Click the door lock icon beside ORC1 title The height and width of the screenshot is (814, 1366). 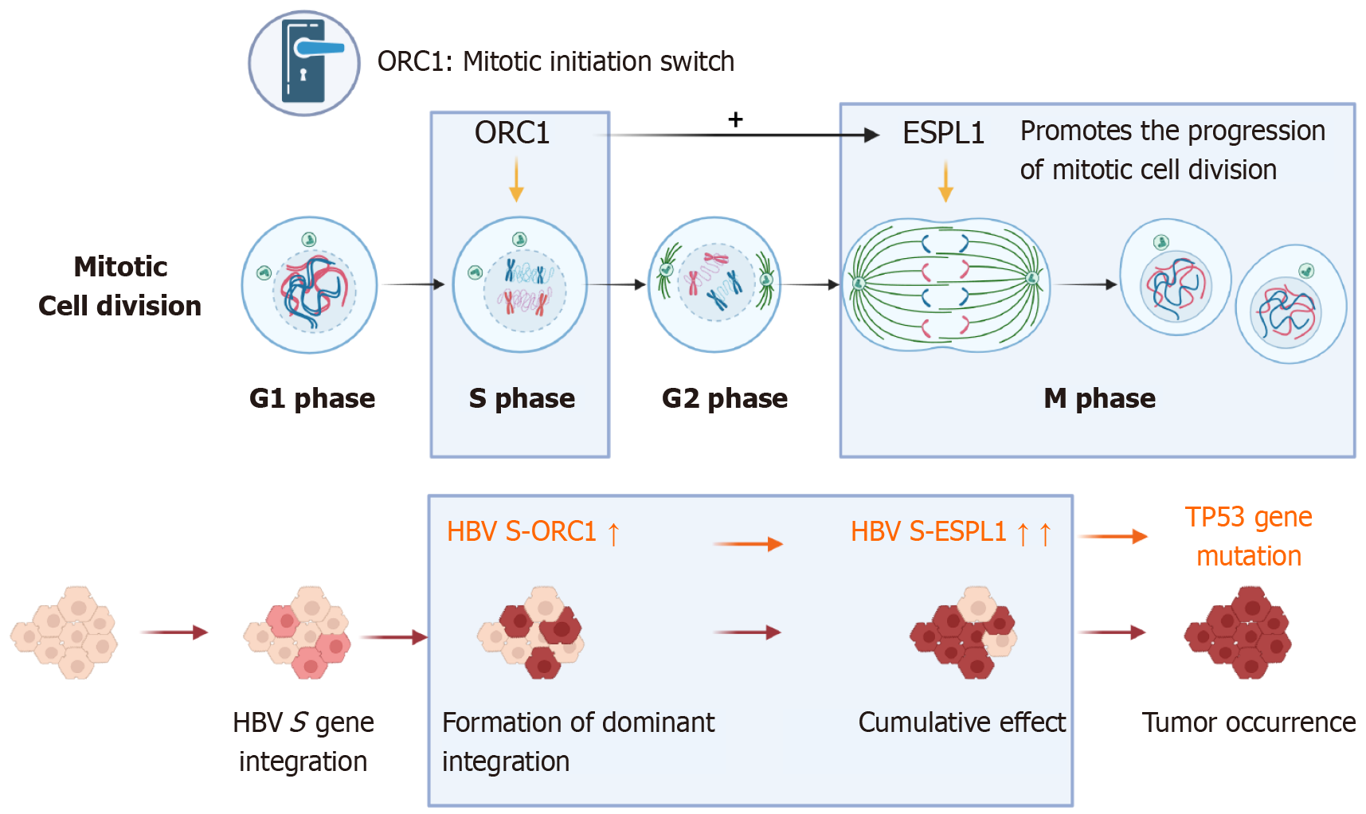point(303,63)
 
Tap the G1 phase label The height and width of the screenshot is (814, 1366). point(311,398)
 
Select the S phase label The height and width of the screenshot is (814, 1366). point(522,398)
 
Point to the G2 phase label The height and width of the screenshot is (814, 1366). point(724,398)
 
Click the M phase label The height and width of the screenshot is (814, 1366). point(1099,398)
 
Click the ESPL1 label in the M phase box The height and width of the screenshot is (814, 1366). point(943,133)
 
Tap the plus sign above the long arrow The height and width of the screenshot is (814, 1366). point(735,119)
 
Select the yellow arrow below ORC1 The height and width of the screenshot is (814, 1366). point(516,179)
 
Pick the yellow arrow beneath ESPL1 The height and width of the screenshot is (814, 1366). point(945,182)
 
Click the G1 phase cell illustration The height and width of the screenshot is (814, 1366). point(310,285)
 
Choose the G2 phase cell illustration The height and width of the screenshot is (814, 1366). point(715,284)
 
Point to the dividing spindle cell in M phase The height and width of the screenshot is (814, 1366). point(945,284)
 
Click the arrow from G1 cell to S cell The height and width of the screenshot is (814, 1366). point(413,284)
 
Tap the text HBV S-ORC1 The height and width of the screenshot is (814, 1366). point(522,531)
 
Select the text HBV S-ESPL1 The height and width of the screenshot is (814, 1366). point(928,531)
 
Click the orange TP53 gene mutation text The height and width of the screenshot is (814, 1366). point(1248,536)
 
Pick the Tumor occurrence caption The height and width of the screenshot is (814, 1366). point(1248,722)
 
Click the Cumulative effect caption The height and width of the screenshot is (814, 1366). point(961,722)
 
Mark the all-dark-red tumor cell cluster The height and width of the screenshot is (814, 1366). point(1238,633)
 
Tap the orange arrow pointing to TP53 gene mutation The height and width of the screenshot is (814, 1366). point(1113,537)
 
